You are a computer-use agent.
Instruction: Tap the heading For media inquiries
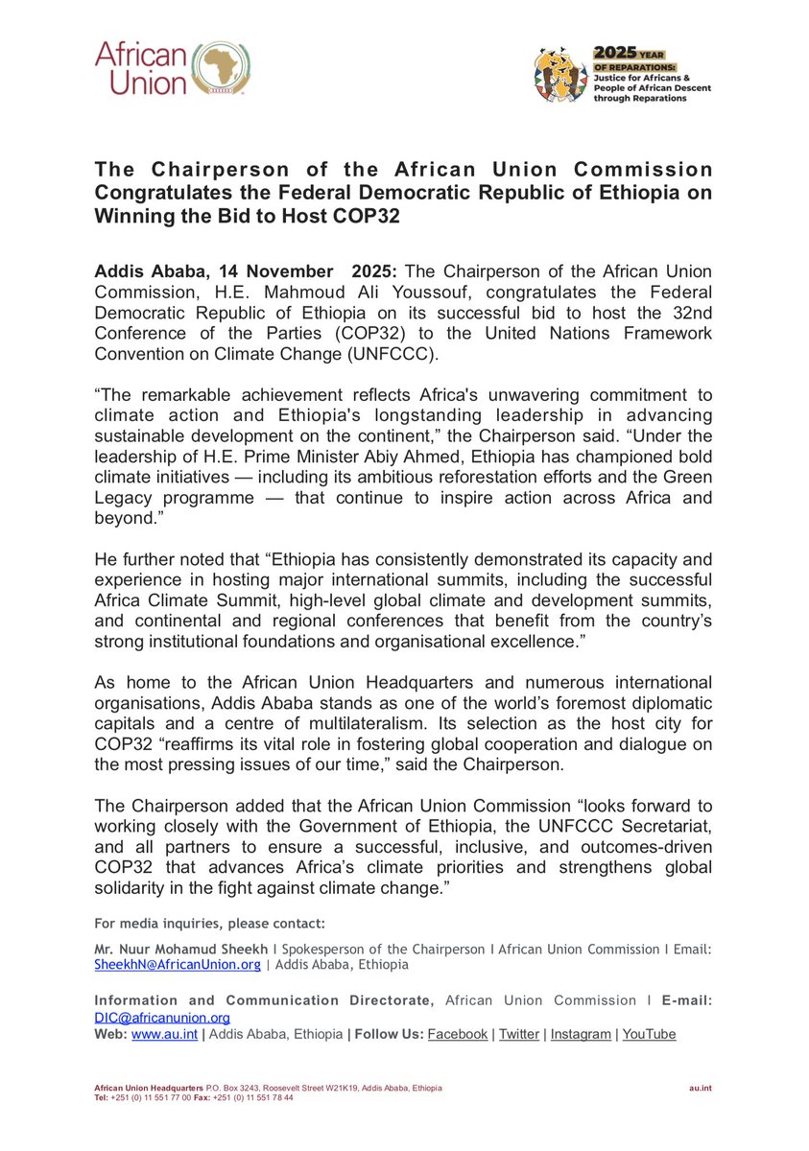(209, 924)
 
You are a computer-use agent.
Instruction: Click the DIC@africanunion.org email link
(161, 1018)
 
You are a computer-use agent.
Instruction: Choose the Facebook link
(457, 1034)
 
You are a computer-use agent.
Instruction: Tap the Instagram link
(580, 1034)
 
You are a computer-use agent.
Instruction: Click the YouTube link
(649, 1034)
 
